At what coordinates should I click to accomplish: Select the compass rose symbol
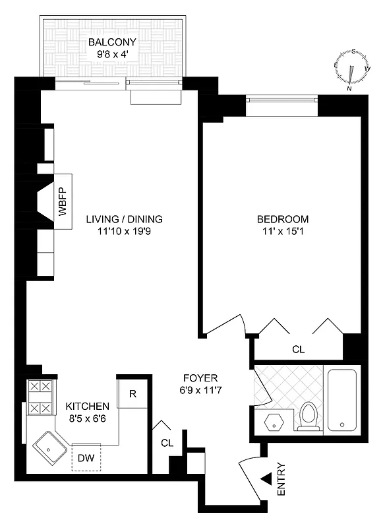pyautogui.click(x=350, y=69)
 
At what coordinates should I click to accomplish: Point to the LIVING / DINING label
pyautogui.click(x=124, y=219)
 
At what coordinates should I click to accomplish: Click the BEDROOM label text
pyautogui.click(x=282, y=219)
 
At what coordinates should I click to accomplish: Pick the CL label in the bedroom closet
pyautogui.click(x=298, y=349)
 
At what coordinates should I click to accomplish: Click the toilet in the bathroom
pyautogui.click(x=308, y=416)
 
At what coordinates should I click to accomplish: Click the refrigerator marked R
pyautogui.click(x=133, y=394)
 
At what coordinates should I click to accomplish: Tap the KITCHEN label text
pyautogui.click(x=83, y=406)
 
